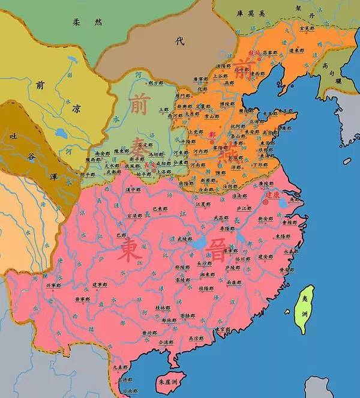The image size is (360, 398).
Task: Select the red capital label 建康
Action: coord(273,195)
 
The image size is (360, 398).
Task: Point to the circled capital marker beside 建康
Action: coord(265,202)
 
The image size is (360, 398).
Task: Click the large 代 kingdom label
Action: coord(178,40)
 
